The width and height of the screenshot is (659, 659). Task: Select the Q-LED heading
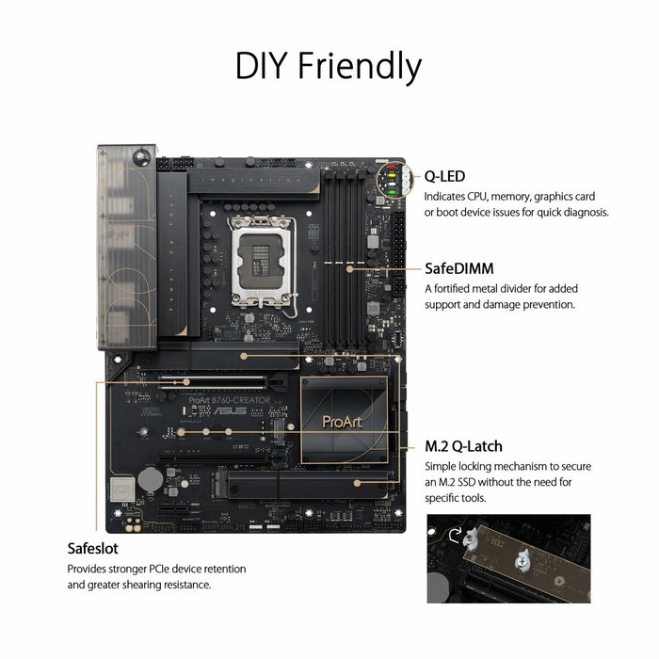point(444,176)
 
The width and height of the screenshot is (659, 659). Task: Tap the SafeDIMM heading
point(458,268)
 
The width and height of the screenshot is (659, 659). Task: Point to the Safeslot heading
point(92,548)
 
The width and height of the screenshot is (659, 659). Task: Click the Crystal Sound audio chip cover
point(121,490)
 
